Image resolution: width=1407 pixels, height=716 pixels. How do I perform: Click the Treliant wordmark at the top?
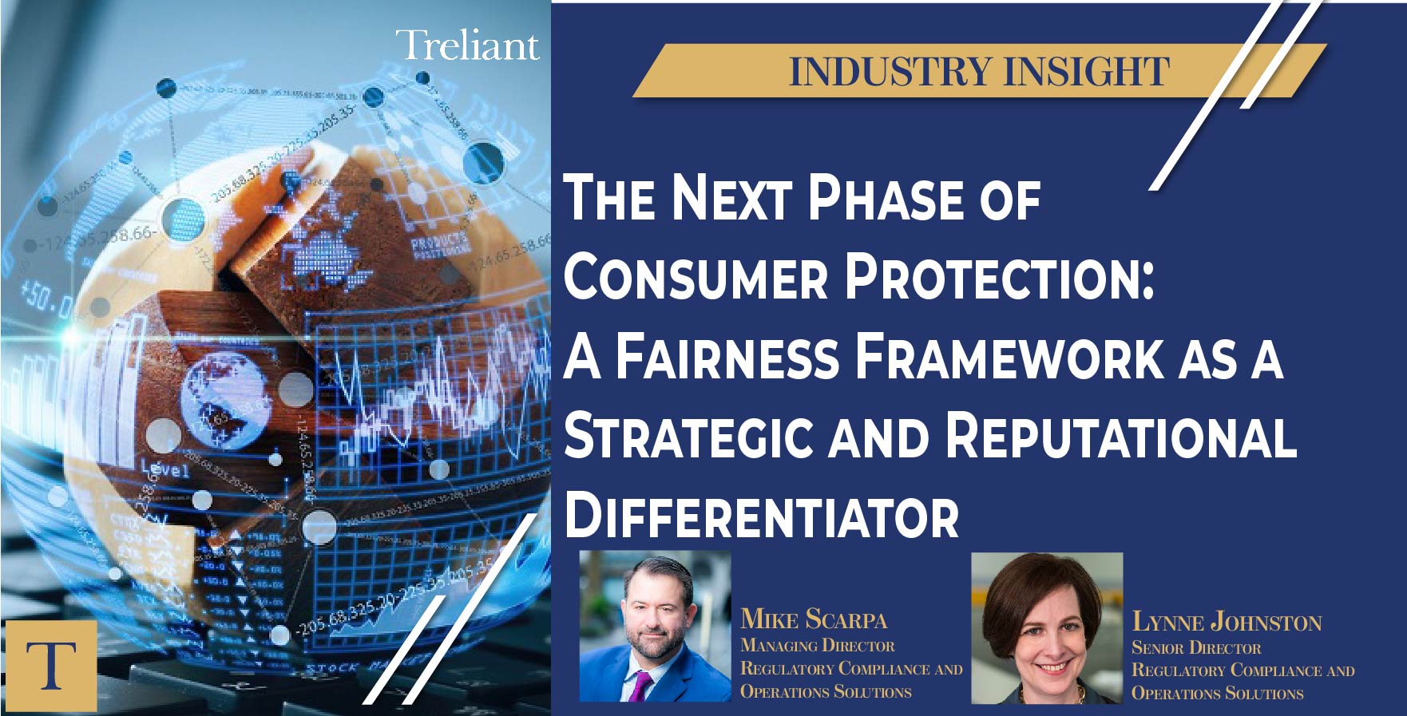click(467, 45)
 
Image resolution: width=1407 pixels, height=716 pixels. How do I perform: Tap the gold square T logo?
click(50, 666)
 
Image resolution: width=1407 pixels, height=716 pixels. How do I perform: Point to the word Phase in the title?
click(886, 198)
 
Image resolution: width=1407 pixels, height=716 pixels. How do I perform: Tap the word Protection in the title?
click(999, 277)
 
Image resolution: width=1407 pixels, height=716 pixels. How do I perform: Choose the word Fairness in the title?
click(727, 357)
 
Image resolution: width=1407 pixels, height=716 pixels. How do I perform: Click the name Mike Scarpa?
click(813, 619)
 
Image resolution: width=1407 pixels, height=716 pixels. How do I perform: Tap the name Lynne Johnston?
click(1226, 622)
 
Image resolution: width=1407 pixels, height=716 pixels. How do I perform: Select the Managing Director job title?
click(817, 645)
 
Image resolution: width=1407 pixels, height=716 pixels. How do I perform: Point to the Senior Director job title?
click(1195, 647)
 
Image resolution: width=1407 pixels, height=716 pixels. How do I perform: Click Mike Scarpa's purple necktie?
click(640, 686)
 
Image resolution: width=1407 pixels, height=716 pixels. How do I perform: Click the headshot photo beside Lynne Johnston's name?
click(1046, 628)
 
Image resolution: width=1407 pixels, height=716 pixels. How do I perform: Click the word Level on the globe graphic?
click(164, 469)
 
